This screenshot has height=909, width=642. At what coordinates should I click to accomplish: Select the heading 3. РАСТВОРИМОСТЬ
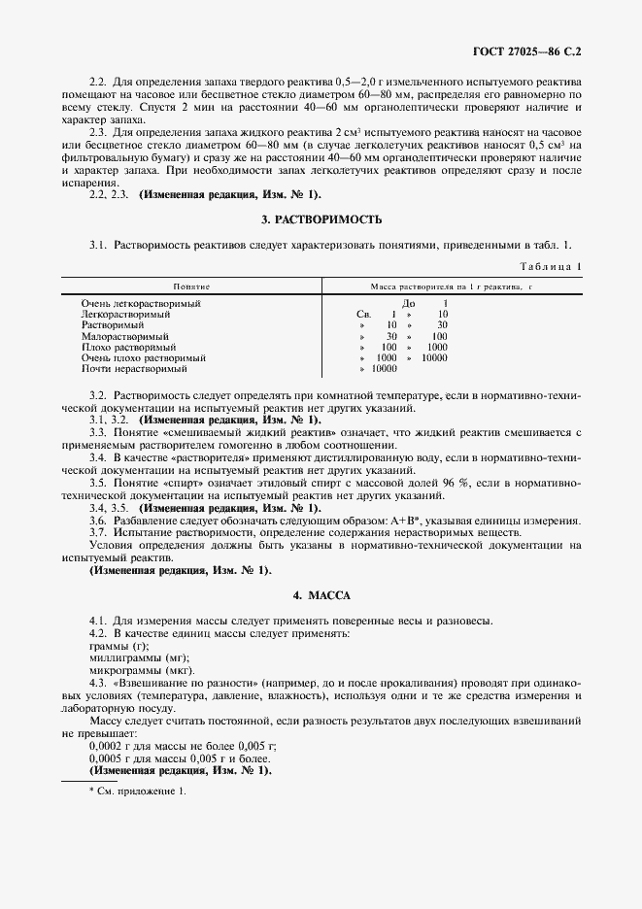pos(321,220)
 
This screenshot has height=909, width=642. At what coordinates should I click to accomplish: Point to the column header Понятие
pos(192,287)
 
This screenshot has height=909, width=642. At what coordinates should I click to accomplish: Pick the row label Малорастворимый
pos(125,336)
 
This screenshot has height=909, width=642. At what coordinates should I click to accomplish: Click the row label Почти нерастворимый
pos(133,369)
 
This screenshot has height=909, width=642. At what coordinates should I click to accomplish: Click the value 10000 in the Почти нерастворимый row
pos(385,369)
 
